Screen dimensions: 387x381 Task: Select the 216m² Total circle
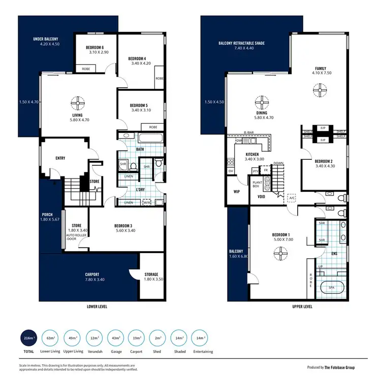[x=29, y=338]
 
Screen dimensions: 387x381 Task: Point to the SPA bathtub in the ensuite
[x=331, y=288]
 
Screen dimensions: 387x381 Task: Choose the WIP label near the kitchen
[x=237, y=192]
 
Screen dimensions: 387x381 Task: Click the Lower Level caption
[x=97, y=307]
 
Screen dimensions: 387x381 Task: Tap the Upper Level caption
[x=289, y=307]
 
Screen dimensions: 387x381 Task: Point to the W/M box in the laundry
[x=148, y=203]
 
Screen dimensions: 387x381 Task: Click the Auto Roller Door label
[x=76, y=236]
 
